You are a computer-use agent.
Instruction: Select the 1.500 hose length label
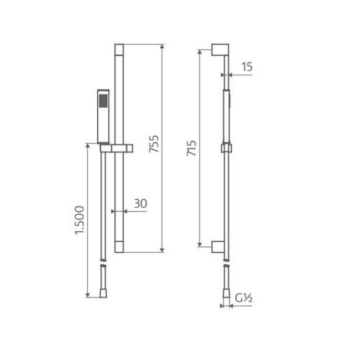[x=79, y=219]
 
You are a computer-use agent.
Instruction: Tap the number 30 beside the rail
[x=140, y=204]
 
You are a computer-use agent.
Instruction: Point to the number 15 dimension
[x=248, y=67]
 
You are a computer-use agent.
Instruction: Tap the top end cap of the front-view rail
[x=118, y=49]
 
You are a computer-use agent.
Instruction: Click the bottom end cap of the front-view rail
[x=118, y=246]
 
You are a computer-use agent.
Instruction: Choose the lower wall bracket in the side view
[x=220, y=245]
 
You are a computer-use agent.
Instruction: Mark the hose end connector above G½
[x=226, y=282]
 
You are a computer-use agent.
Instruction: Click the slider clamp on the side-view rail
[x=226, y=147]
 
